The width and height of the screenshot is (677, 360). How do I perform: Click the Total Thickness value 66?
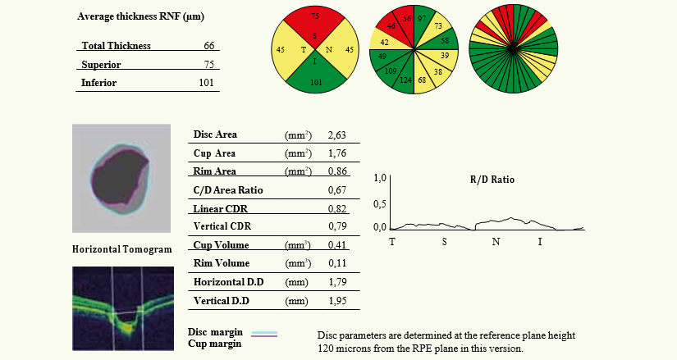point(208,46)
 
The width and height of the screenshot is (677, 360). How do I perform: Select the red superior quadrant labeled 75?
point(315,20)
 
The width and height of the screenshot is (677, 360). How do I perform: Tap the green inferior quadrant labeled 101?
point(315,82)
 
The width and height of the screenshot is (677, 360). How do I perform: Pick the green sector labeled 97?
point(422,18)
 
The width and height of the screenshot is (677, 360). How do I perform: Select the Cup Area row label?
point(214,153)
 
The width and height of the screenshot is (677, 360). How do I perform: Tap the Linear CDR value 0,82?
point(336,209)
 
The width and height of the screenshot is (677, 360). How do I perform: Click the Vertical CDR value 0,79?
point(336,226)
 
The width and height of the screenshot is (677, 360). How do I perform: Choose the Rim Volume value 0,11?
point(336,264)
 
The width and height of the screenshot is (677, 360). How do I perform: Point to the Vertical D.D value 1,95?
point(336,302)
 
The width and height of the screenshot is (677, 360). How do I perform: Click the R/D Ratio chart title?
point(492,179)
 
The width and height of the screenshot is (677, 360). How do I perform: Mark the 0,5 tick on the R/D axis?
point(379,203)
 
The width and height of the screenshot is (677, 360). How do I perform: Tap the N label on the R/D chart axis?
point(495,242)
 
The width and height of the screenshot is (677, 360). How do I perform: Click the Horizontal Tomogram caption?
point(122,249)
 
